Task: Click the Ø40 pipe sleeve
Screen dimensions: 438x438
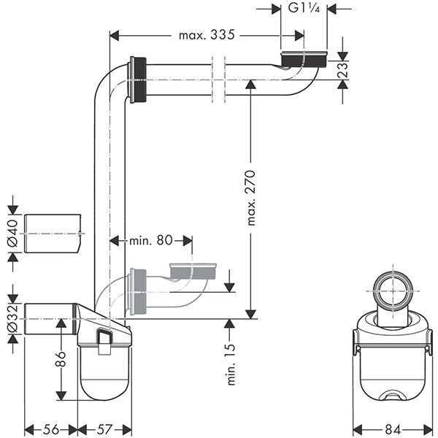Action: point(52,234)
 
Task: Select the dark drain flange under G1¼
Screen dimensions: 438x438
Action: point(303,59)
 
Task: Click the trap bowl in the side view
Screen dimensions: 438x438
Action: point(105,376)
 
